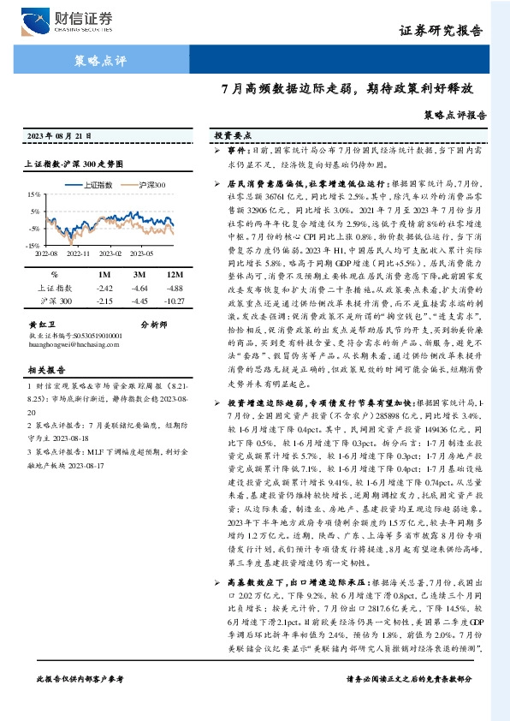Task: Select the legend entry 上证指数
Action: (101, 184)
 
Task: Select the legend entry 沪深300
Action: (153, 184)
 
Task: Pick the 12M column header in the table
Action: (176, 275)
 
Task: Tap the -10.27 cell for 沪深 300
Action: (175, 302)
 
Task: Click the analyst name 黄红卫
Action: (43, 325)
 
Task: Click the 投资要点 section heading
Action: (232, 136)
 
